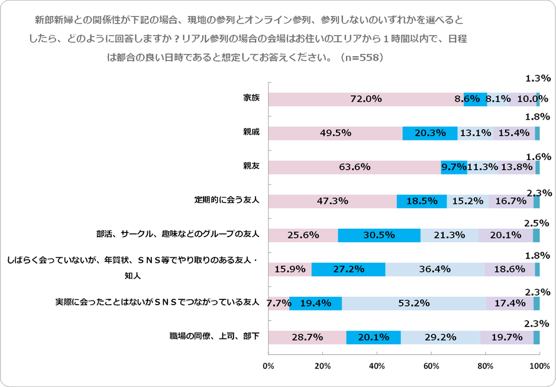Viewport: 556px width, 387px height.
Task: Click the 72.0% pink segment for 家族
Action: tap(366, 99)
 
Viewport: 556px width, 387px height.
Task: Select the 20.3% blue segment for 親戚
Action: tap(429, 133)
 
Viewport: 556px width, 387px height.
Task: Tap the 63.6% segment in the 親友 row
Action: tap(354, 167)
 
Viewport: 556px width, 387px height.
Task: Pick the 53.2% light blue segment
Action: tap(413, 303)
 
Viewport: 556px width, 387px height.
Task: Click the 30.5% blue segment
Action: tap(379, 235)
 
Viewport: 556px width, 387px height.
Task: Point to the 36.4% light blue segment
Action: tap(435, 269)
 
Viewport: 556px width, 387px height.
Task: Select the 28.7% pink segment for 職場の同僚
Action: tap(307, 337)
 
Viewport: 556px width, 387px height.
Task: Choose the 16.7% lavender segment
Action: tap(511, 202)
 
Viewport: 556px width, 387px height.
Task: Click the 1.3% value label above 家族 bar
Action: tap(538, 78)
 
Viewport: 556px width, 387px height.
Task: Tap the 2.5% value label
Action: tap(538, 223)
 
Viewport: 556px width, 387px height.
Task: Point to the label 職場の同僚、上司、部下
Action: tap(215, 336)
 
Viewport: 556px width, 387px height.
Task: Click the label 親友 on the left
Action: tap(251, 166)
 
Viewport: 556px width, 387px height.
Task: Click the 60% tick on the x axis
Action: tap(431, 366)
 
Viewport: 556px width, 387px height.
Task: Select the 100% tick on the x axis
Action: tap(539, 366)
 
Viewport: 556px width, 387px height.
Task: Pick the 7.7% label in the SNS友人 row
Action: tap(278, 303)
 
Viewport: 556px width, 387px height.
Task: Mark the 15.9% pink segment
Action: tap(290, 269)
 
